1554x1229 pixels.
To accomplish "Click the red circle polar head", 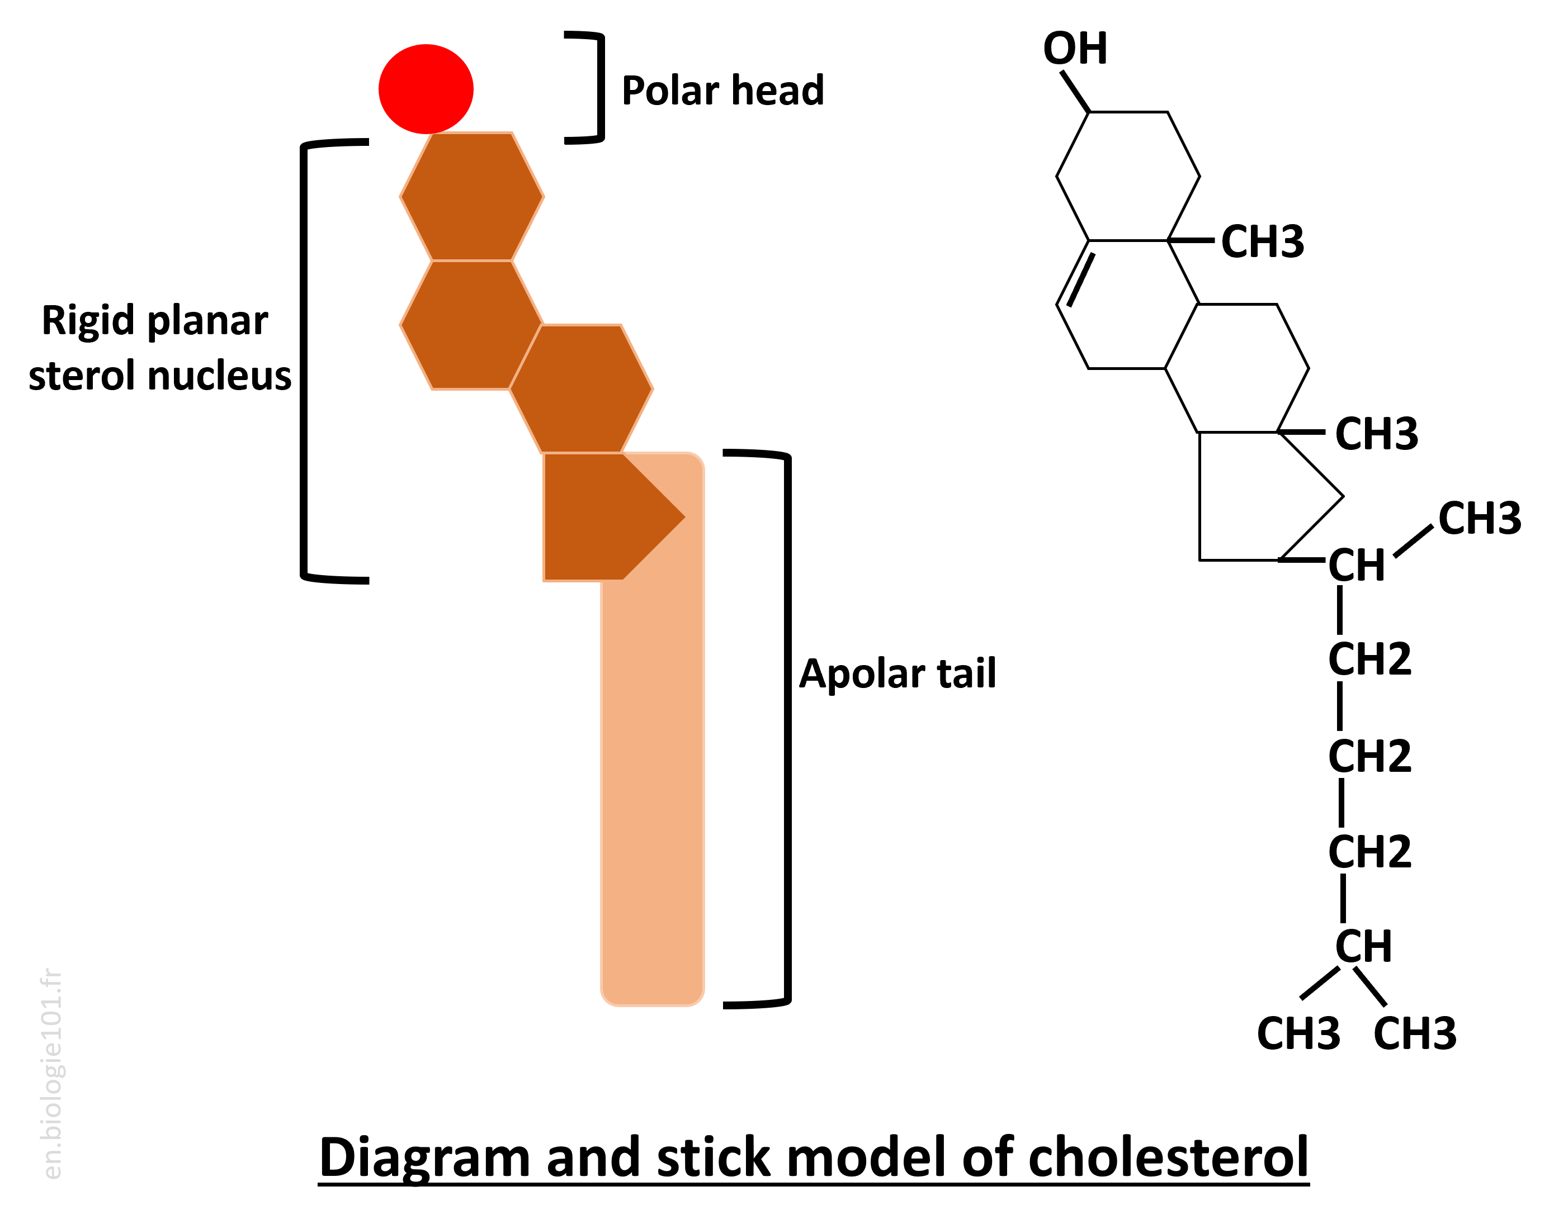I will pos(426,88).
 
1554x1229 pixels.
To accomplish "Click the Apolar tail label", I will pos(897,673).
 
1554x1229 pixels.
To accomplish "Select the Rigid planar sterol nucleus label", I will pos(159,348).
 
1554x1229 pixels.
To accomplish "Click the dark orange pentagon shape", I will pos(601,516).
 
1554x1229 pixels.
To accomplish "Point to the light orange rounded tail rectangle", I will pos(652,791).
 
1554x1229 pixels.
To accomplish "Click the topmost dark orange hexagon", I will pos(471,196).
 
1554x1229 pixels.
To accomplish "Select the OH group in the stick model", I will pos(1075,49).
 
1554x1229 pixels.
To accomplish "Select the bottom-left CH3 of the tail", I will pos(1298,1034).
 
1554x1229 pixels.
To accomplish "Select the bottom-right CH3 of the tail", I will pos(1414,1034).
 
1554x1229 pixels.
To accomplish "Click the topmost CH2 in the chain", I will pos(1369,659).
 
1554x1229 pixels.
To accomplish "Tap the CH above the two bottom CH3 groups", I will pos(1363,946).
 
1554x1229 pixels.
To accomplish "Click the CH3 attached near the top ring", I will pos(1262,242).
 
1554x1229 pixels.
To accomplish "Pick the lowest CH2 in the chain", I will pos(1369,852).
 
